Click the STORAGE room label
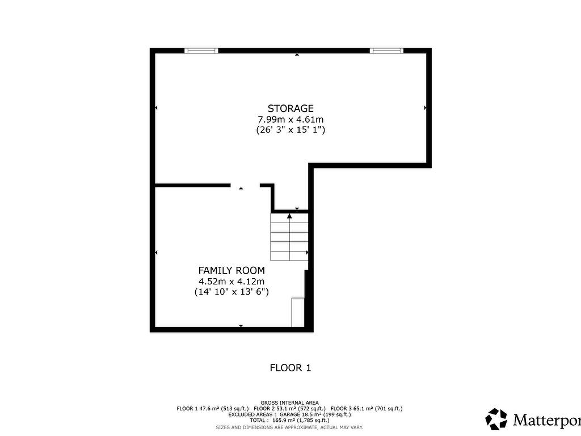[290, 108]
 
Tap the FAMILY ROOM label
[231, 270]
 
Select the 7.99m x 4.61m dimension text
[290, 119]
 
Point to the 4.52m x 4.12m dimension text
[231, 281]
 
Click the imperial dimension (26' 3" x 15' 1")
[290, 130]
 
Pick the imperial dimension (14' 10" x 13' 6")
[231, 292]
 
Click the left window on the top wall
[201, 51]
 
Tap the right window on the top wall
[386, 51]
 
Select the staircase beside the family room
[289, 237]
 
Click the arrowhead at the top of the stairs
[289, 216]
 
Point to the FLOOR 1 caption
[290, 368]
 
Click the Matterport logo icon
[496, 419]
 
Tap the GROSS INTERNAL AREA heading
[290, 402]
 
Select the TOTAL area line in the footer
[290, 420]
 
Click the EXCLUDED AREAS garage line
[290, 414]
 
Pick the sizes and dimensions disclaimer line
[290, 427]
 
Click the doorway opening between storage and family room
[245, 186]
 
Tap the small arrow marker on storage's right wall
[425, 107]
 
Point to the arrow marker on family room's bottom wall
[241, 326]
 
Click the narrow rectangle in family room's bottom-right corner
[298, 312]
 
